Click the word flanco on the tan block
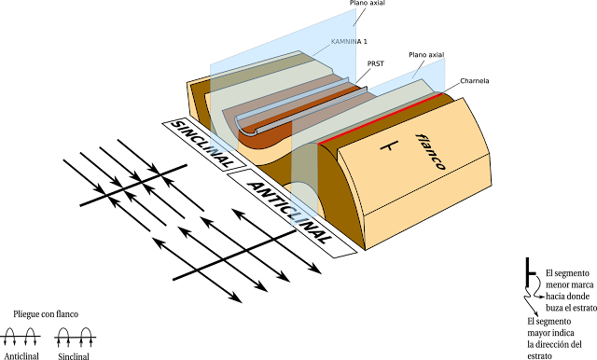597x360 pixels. [x=430, y=152]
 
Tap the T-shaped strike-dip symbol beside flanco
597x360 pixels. [x=389, y=147]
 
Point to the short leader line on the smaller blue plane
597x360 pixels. [x=415, y=73]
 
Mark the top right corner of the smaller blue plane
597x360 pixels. [x=444, y=60]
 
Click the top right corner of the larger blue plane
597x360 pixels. [x=355, y=9]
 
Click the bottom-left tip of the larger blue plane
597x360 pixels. [x=211, y=153]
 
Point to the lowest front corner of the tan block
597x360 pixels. [x=366, y=249]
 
